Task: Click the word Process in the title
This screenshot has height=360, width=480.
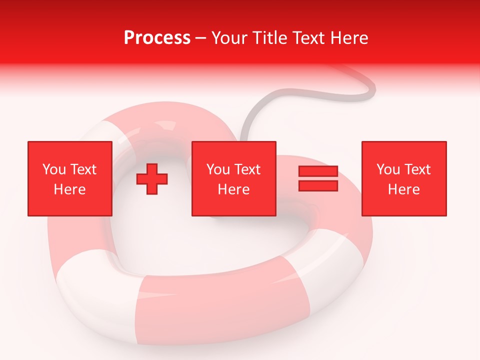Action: coord(157,37)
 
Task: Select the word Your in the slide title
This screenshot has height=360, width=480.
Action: coord(230,37)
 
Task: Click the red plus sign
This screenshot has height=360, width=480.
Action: coord(152,179)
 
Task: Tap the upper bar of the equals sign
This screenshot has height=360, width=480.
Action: coord(318,171)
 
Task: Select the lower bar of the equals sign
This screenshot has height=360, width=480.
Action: coord(318,185)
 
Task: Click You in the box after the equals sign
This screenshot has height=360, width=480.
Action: coord(388,169)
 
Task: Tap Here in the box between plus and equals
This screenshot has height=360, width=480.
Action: coord(234,189)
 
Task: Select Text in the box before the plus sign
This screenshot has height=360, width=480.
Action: coord(82,169)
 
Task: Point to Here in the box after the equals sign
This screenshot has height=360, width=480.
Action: coord(404,189)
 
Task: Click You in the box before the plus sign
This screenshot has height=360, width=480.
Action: coord(54,169)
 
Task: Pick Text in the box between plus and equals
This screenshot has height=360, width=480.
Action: coord(247,169)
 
